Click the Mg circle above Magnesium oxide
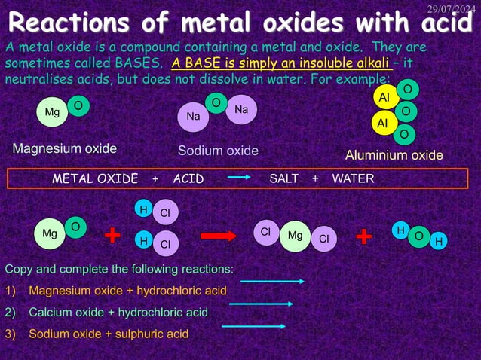point(52,113)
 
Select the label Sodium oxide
point(218,151)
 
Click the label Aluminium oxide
point(394,155)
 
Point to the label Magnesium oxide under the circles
point(64,148)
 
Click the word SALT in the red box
point(284,178)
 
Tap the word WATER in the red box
point(354,178)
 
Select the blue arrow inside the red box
point(238,178)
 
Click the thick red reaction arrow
point(219,236)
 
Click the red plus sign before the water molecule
point(363,236)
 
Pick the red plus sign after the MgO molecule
point(112,236)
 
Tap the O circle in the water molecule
point(418,236)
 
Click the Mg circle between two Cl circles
point(295,236)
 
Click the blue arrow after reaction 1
point(271,282)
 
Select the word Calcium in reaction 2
point(49,312)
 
